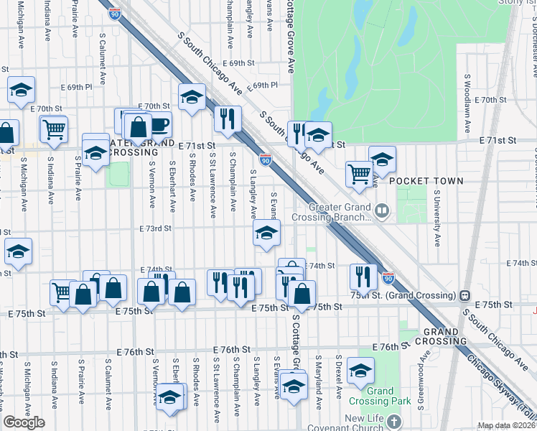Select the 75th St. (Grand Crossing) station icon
(x=465, y=295)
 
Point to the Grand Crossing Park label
(x=371, y=397)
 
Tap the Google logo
(x=24, y=422)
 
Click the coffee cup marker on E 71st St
(x=159, y=124)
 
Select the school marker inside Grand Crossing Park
(x=360, y=371)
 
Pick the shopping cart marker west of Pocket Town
(x=358, y=172)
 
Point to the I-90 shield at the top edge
(x=114, y=12)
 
